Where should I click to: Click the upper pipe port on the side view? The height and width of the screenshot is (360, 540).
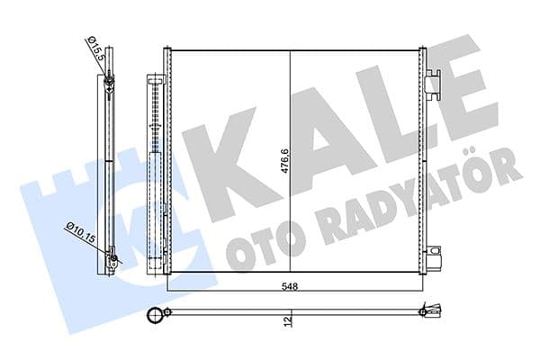109,85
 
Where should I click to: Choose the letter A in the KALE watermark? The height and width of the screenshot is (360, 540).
310,144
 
